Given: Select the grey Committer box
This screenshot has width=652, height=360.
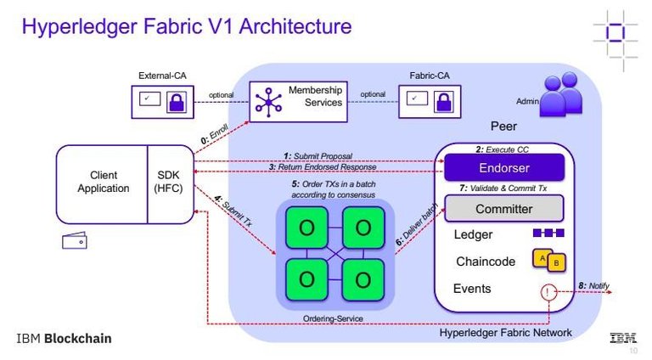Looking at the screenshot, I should coord(503,208).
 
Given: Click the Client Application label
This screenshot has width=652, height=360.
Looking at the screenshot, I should coord(103,183).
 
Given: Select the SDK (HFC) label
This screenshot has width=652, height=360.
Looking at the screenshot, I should coord(168,183).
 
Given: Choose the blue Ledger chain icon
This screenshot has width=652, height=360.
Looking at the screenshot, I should coord(548,233).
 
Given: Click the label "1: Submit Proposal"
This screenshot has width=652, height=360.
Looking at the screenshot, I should coord(318,155).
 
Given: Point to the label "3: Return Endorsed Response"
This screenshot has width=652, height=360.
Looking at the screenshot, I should coord(323,167).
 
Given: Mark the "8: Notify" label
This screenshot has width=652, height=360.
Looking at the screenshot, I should coord(594,284).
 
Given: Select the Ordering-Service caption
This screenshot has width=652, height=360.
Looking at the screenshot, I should coord(333,318).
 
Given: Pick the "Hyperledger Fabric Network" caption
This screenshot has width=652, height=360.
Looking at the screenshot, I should coord(505,332).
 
